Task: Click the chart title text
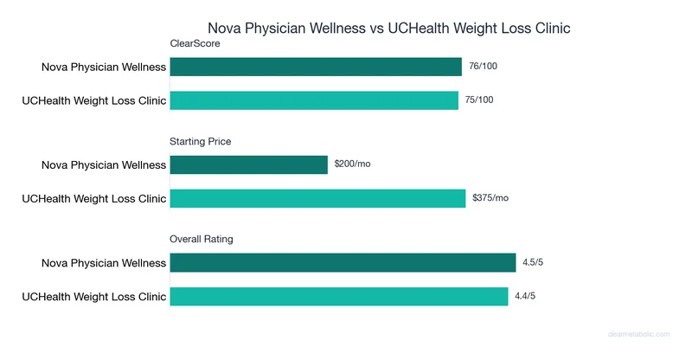point(388,29)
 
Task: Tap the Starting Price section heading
point(201,141)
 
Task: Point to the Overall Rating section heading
point(202,239)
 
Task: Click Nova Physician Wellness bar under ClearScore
point(316,67)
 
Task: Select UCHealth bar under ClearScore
point(314,100)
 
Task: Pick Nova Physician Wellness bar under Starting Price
point(249,164)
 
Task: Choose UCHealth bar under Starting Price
point(317,198)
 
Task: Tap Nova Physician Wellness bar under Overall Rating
point(343,262)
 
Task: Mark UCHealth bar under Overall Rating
point(339,296)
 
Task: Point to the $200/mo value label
point(353,164)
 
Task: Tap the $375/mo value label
point(490,197)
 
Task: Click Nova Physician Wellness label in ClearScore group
point(103,67)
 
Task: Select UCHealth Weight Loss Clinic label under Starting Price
point(93,198)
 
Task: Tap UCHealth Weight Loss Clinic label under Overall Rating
point(93,296)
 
